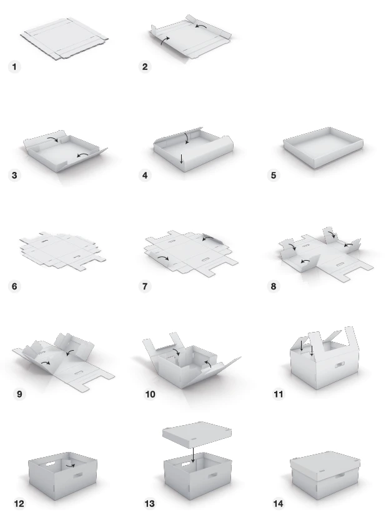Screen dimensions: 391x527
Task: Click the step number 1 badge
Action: coord(14,66)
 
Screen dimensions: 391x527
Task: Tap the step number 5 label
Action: coord(274,175)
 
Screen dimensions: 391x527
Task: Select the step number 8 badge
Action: coord(274,286)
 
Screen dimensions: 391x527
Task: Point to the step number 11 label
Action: coord(279,394)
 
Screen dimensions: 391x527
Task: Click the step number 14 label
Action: coord(279,503)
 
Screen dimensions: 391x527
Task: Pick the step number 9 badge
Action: coord(19,394)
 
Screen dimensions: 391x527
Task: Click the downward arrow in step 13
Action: coord(193,455)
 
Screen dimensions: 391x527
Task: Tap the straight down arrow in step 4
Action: coord(181,159)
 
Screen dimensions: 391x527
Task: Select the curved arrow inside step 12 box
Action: coord(70,466)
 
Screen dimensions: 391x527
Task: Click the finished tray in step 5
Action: coord(323,147)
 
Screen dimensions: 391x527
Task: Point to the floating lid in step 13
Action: coord(197,434)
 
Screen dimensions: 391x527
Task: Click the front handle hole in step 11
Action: coord(340,364)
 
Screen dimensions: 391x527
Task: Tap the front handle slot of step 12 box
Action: coord(77,476)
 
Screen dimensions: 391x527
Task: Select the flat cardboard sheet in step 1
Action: coord(64,39)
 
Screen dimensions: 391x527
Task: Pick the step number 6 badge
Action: coord(14,286)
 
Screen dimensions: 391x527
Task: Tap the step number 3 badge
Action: coord(14,175)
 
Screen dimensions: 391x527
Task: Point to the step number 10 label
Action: coord(150,394)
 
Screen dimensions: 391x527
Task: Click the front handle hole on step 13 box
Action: coord(212,476)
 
